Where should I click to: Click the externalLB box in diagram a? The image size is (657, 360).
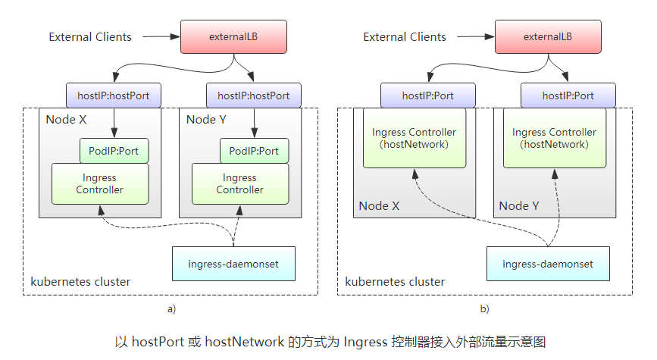pyautogui.click(x=233, y=36)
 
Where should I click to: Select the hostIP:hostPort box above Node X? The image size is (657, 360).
pyautogui.click(x=113, y=96)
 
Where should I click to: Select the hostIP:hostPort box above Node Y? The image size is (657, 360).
pyautogui.click(x=253, y=96)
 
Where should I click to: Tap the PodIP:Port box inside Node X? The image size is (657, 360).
pyautogui.click(x=114, y=151)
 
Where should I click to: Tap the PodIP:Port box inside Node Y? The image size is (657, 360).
pyautogui.click(x=254, y=151)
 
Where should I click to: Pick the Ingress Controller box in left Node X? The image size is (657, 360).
pyautogui.click(x=99, y=184)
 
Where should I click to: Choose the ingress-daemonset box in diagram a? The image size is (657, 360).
pyautogui.click(x=233, y=264)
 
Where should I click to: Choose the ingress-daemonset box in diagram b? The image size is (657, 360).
pyautogui.click(x=548, y=264)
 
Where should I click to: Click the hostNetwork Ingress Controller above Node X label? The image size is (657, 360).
pyautogui.click(x=414, y=138)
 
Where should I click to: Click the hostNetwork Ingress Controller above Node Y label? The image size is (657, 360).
pyautogui.click(x=554, y=138)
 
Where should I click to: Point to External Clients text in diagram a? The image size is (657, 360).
pyautogui.click(x=90, y=36)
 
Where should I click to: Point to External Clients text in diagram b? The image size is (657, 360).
pyautogui.click(x=405, y=36)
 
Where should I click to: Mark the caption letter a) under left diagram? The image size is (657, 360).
pyautogui.click(x=171, y=309)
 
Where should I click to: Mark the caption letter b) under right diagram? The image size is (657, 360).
pyautogui.click(x=484, y=309)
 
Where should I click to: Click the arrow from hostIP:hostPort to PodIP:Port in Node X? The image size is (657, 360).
pyautogui.click(x=113, y=123)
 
